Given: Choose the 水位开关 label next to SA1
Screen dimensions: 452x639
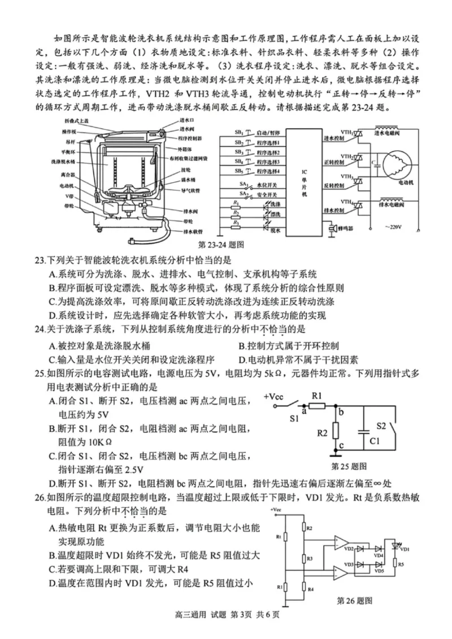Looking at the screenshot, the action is point(267,184).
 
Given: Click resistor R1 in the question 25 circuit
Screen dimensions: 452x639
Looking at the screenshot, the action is point(317,405).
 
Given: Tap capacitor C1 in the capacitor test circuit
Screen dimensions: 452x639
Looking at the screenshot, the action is point(362,436).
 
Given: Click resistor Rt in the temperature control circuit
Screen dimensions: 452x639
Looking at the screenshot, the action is point(285,536).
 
